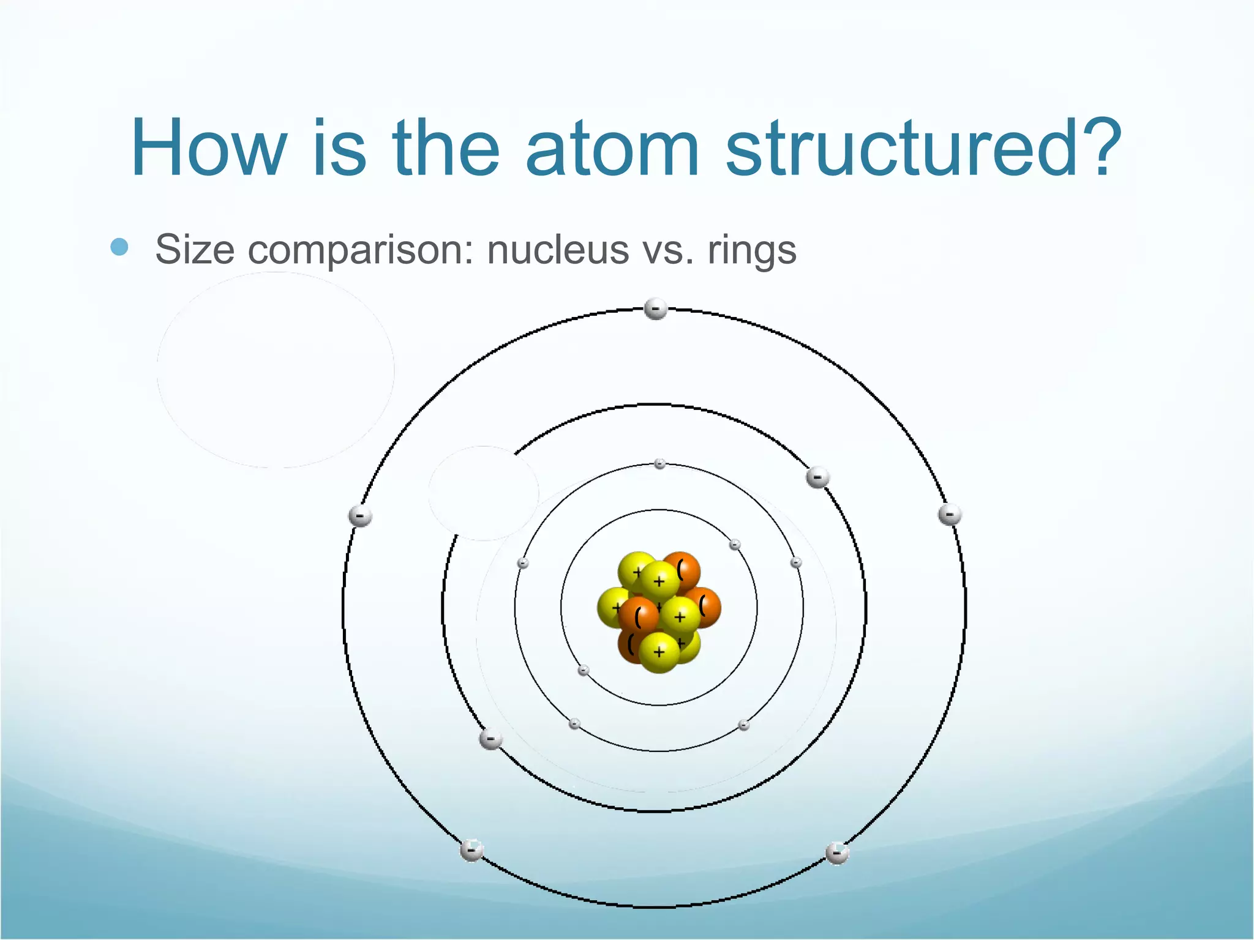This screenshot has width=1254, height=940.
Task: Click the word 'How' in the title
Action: [x=209, y=149]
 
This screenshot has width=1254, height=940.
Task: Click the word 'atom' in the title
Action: [x=612, y=149]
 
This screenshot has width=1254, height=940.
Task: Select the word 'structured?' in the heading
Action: [x=923, y=149]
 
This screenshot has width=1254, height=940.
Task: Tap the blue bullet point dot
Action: [x=119, y=247]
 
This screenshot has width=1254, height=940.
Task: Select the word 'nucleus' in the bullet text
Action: [x=558, y=250]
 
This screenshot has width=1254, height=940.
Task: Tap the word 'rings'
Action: [x=752, y=250]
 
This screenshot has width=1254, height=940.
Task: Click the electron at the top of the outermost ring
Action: [x=656, y=308]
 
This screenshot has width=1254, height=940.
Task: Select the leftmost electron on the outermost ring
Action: [x=359, y=517]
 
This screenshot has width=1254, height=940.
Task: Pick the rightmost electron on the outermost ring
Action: [x=950, y=515]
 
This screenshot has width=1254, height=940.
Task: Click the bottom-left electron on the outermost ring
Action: [x=471, y=850]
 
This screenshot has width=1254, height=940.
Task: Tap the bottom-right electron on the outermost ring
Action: [x=837, y=853]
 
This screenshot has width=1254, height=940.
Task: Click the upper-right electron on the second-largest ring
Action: [x=817, y=477]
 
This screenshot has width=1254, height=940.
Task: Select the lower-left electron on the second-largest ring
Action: [x=490, y=739]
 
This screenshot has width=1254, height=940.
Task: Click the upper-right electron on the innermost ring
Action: [x=735, y=545]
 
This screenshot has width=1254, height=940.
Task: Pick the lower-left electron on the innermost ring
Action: [x=584, y=670]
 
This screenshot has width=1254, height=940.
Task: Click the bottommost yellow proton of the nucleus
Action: [x=659, y=652]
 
